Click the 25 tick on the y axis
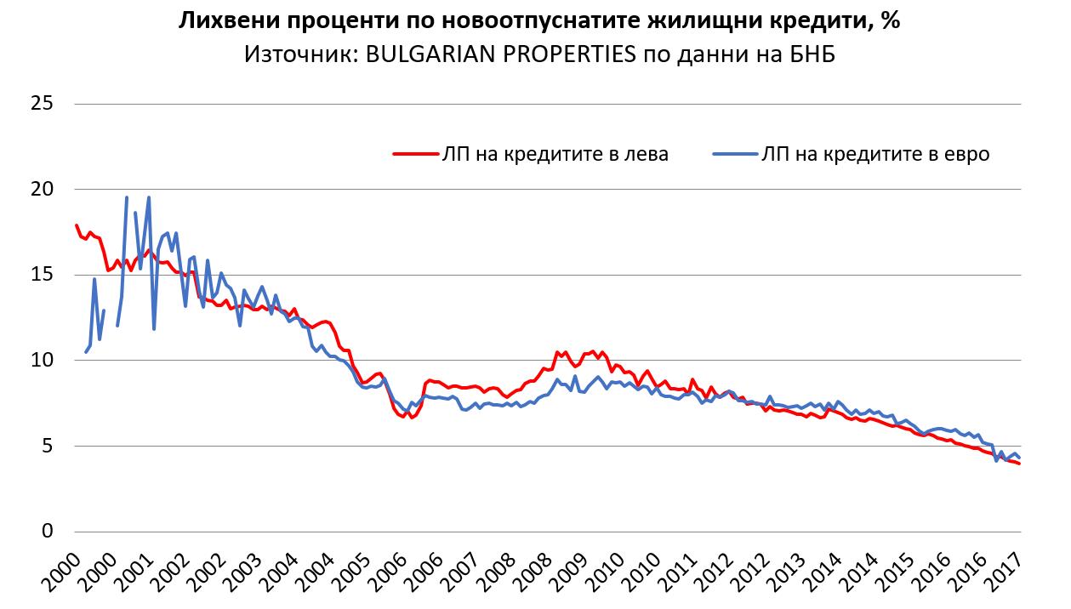pyautogui.click(x=43, y=104)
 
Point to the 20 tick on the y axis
pyautogui.click(x=43, y=189)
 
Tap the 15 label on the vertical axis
pyautogui.click(x=43, y=275)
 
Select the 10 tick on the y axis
pyautogui.click(x=43, y=361)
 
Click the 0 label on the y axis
pyautogui.click(x=48, y=532)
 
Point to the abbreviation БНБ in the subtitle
pyautogui.click(x=812, y=55)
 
